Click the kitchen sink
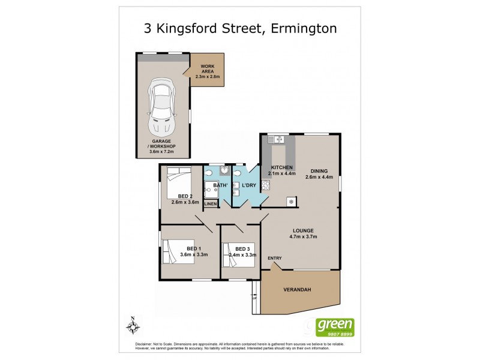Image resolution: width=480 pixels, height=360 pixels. coord(278,140)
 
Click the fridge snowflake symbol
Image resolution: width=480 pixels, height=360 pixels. coord(291,201)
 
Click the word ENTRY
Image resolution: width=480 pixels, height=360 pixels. coord(275,259)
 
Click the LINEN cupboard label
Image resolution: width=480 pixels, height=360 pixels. coord(210,205)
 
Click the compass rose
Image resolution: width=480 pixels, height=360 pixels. coord(133,327)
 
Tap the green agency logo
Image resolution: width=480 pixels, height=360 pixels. coord(334,326)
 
